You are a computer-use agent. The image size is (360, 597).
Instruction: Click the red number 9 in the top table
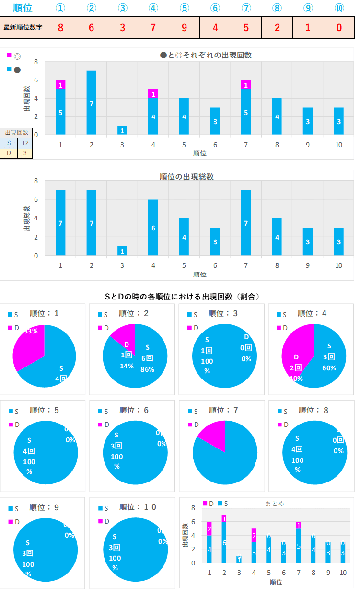pos(184,27)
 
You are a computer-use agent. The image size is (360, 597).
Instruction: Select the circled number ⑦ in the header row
pos(246,8)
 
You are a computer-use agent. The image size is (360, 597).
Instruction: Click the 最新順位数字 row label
pos(23,27)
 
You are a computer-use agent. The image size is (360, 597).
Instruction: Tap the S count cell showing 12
pos(25,143)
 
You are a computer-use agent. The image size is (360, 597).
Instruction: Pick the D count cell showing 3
pos(25,153)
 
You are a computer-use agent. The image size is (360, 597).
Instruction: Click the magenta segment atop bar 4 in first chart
pos(153,94)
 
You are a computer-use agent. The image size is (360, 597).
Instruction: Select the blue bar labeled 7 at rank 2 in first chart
pos(91,103)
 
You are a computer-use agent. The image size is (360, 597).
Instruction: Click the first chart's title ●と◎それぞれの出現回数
pos(206,55)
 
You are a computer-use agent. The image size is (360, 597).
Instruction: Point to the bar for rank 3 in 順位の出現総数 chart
pos(122,251)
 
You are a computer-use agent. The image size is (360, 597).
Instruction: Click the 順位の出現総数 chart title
pos(186,177)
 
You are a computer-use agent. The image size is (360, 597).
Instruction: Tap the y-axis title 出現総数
pos(27,218)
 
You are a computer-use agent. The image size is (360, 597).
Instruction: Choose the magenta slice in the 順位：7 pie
pos(213,434)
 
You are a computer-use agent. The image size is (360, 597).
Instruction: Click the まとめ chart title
pos(274,504)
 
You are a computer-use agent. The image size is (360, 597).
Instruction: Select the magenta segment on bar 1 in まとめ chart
pos(209,528)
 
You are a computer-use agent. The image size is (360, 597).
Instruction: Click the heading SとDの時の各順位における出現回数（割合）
pos(182,297)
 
